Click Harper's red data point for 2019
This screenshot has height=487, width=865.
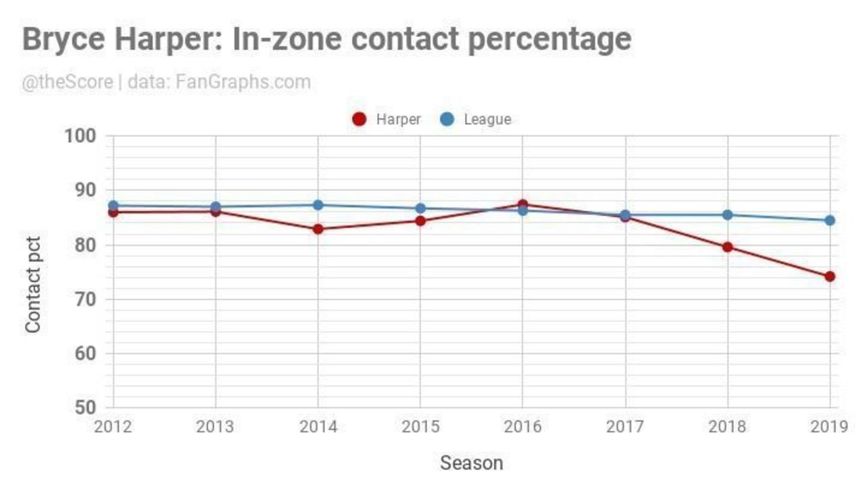click(x=829, y=276)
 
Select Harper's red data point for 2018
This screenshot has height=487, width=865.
click(x=727, y=247)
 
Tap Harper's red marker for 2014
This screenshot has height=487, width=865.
click(x=318, y=229)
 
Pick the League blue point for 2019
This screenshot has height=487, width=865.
click(x=829, y=220)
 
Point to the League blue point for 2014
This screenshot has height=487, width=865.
click(x=318, y=205)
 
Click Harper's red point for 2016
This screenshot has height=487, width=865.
click(x=522, y=204)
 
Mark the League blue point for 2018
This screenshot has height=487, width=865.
click(x=727, y=215)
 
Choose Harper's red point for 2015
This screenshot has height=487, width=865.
click(x=420, y=221)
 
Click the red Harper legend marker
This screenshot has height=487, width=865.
click(x=360, y=120)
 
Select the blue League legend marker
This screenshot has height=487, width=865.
click(x=447, y=120)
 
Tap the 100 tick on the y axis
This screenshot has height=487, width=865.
click(x=80, y=136)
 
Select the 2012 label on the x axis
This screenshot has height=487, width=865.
click(x=114, y=427)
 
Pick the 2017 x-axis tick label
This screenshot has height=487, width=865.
click(x=625, y=427)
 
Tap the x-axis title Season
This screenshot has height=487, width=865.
click(x=471, y=463)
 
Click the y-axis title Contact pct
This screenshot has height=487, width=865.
click(x=32, y=284)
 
